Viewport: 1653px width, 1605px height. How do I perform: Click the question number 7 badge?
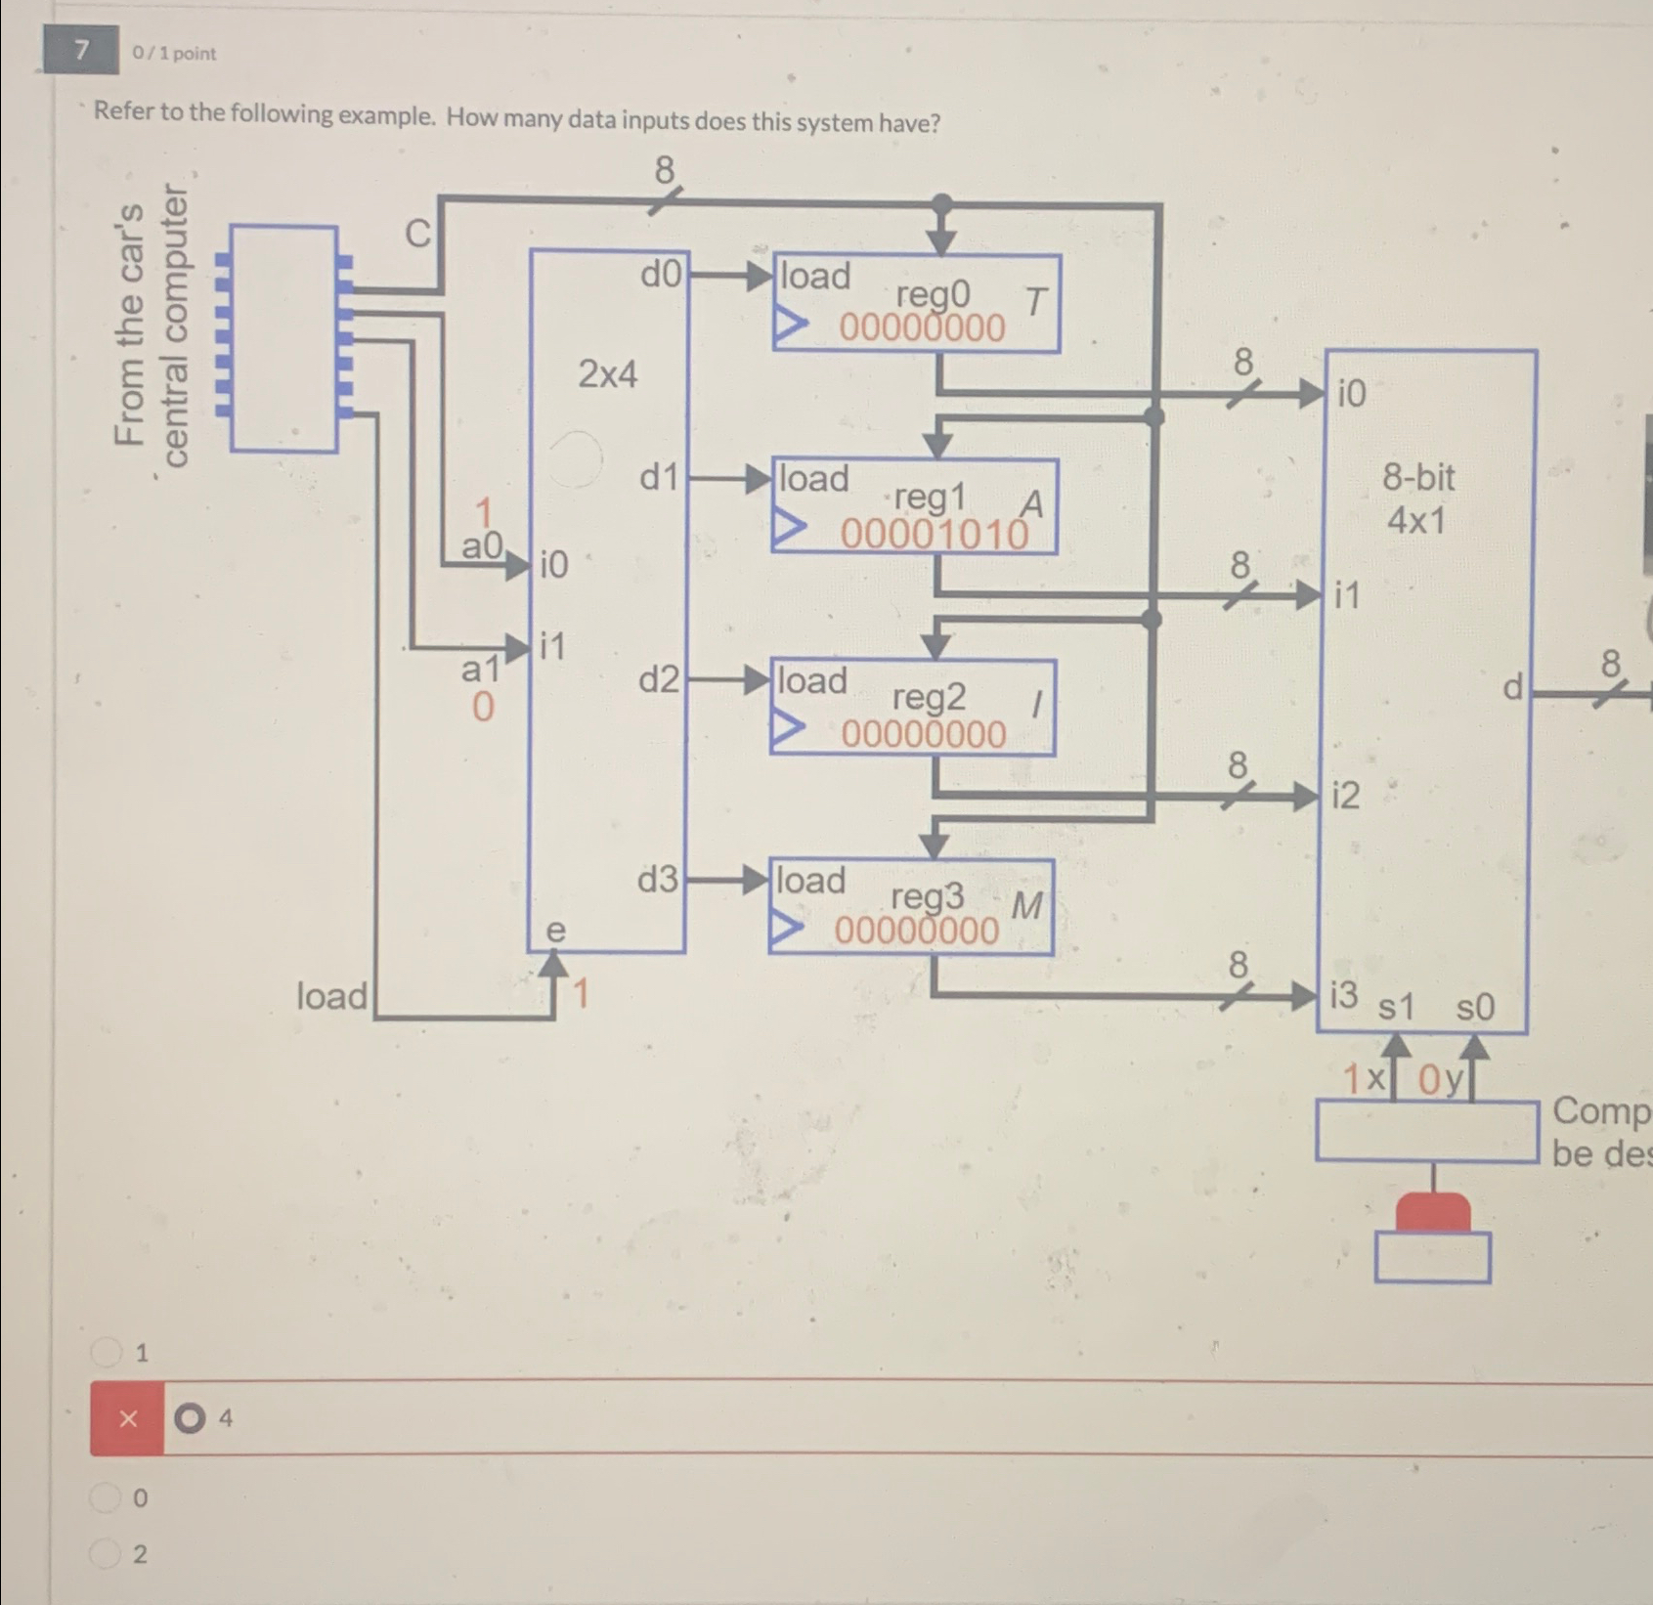click(x=81, y=50)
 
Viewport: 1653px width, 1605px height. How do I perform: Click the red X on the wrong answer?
click(x=127, y=1418)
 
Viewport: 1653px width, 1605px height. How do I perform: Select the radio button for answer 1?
click(x=105, y=1352)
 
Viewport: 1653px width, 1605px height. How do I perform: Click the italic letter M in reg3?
click(x=1025, y=906)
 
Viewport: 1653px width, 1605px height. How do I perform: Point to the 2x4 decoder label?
click(x=607, y=373)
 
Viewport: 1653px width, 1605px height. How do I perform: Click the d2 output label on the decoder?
click(x=658, y=679)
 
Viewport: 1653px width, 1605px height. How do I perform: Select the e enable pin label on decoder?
click(x=554, y=930)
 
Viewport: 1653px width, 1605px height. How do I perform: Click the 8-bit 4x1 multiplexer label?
click(x=1417, y=499)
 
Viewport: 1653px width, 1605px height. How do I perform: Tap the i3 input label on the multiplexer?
click(x=1344, y=995)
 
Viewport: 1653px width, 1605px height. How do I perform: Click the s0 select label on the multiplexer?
click(x=1474, y=1007)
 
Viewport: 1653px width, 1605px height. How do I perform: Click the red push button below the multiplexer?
click(x=1433, y=1211)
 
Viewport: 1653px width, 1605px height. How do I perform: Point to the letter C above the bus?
click(x=417, y=234)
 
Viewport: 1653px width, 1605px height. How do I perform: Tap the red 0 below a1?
click(x=483, y=707)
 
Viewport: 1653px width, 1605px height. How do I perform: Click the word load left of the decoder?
click(x=332, y=996)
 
